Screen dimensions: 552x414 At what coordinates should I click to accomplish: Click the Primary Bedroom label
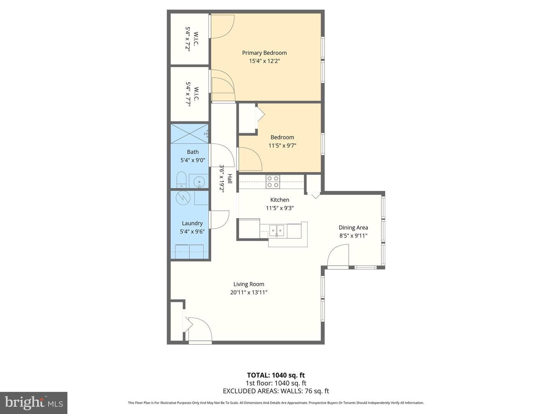coord(264,53)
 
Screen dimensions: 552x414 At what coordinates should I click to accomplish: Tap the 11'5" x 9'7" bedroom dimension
coord(282,145)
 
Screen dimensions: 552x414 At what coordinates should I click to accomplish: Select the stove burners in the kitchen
coord(273,182)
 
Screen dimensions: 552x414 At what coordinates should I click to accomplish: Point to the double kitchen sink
coord(277,230)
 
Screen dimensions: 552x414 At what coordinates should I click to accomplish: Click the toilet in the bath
coord(181,179)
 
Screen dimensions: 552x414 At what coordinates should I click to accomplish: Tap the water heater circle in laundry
coord(182,198)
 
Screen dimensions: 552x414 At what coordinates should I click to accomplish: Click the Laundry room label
coord(192,223)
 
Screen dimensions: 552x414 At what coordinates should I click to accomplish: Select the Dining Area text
coord(353,227)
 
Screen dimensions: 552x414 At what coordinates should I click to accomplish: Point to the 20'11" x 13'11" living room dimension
coord(249,292)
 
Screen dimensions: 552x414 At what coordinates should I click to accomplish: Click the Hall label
coord(230,179)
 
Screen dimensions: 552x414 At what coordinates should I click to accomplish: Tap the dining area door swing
coord(338,255)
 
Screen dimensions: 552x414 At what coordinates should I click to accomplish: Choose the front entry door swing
coord(200,330)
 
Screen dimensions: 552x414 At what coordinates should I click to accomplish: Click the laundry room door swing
coord(219,220)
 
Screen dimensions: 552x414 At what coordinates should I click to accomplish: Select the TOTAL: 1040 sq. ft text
coord(276,375)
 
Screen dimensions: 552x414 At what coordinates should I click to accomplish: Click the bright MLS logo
coord(34,402)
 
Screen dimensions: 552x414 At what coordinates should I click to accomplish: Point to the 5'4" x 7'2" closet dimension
coord(187,39)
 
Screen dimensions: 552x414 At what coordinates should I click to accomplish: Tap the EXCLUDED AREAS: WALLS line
coord(276,391)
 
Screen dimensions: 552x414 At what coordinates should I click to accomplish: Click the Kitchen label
coord(280,200)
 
